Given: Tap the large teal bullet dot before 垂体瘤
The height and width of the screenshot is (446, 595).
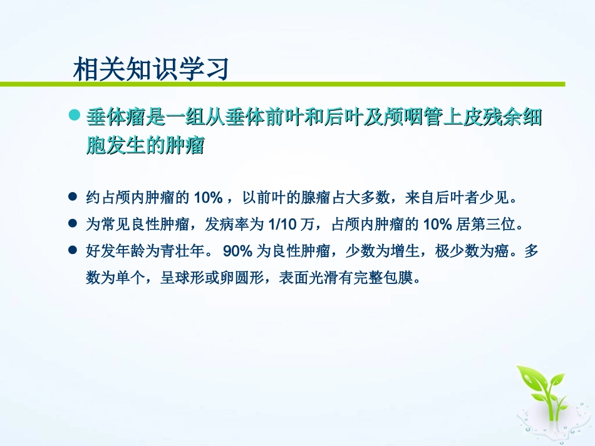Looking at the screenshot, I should pos(75,116).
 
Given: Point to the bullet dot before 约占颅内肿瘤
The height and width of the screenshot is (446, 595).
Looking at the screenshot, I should pos(72,198).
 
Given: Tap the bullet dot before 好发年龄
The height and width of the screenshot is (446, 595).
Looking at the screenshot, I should pos(72,250).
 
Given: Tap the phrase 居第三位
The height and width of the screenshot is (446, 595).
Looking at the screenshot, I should pos(488,223).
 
